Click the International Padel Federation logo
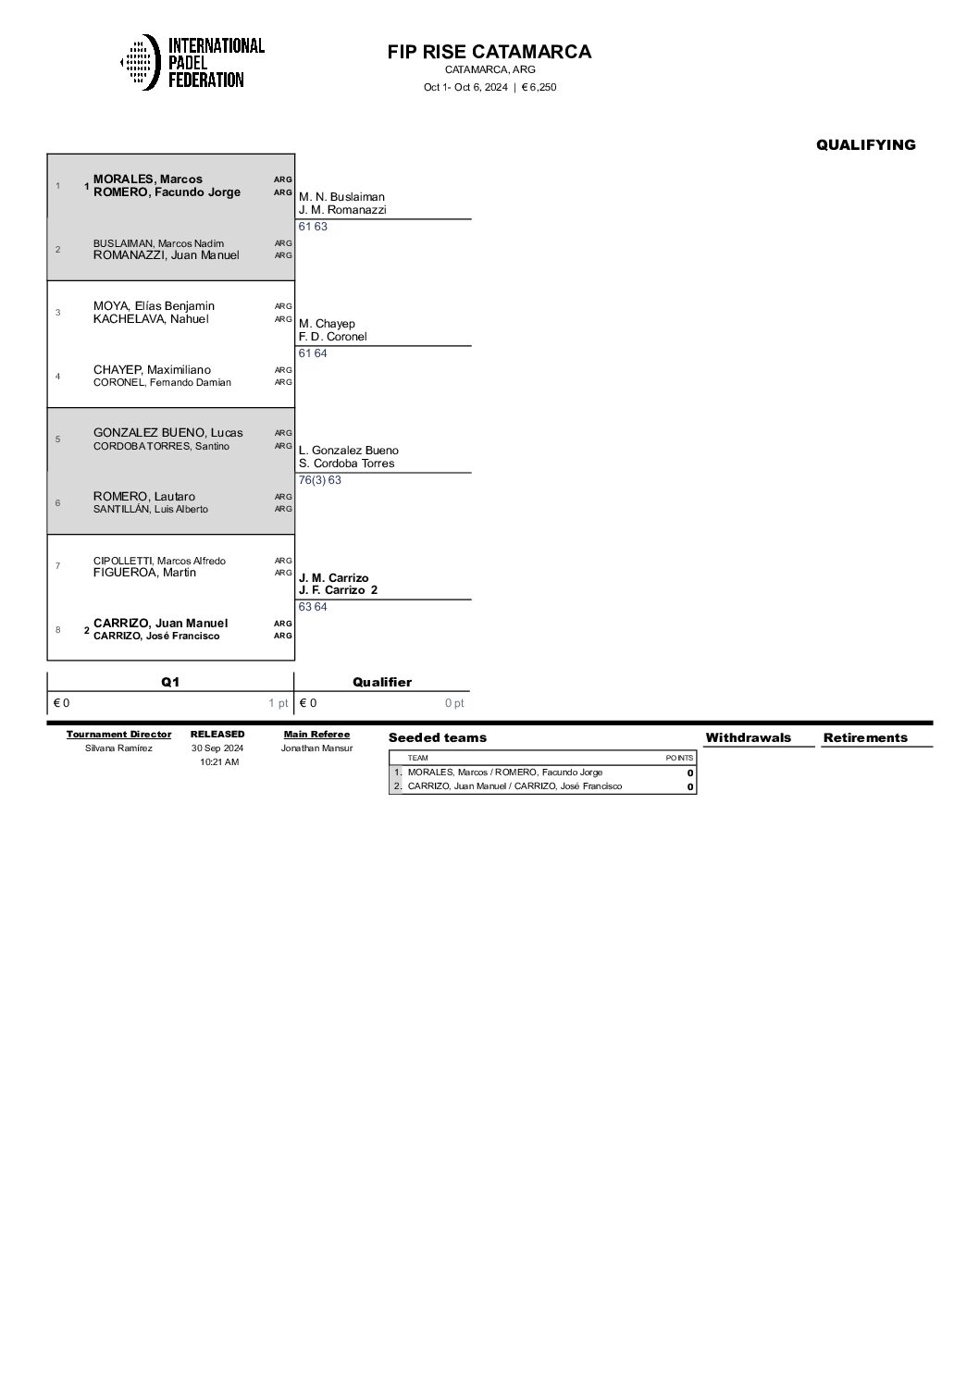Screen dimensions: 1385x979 coord(192,62)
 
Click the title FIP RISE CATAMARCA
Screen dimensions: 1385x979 coord(489,52)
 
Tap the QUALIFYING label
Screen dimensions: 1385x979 coord(865,144)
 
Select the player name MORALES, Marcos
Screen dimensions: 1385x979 coord(148,179)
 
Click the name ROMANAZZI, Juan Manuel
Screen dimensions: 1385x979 coord(167,255)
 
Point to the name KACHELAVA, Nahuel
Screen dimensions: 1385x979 coord(151,319)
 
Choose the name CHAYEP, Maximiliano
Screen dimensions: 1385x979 coord(152,370)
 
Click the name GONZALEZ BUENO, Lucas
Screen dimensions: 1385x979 coord(168,433)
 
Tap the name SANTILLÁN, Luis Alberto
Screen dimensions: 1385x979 coord(151,509)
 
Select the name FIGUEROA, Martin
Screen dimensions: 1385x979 coord(144,573)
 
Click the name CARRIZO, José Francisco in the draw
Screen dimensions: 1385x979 coord(156,637)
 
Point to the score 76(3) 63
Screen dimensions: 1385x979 coord(319,480)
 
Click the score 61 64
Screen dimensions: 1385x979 coord(313,353)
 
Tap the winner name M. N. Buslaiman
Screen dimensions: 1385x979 coord(341,197)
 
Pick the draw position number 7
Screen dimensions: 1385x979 coord(57,566)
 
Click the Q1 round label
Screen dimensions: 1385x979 coord(170,682)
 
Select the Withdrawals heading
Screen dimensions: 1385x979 coord(748,737)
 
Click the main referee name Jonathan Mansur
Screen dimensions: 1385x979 coord(316,748)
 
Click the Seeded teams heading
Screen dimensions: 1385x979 coord(437,737)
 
